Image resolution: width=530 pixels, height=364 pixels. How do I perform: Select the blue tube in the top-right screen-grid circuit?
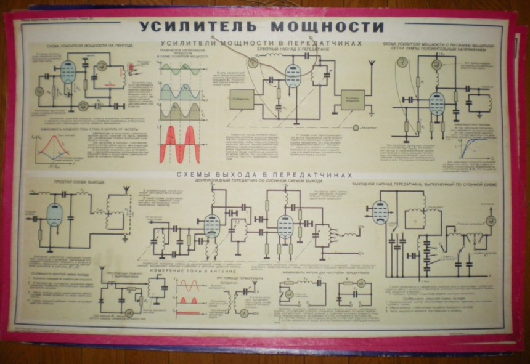[x=438, y=103]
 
